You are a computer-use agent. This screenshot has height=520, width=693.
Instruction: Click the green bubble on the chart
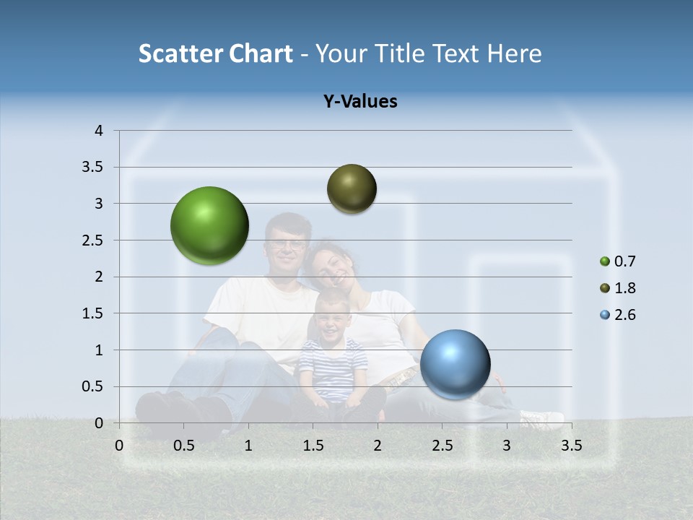pos(209,225)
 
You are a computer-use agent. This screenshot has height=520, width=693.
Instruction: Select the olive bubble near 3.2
pos(352,188)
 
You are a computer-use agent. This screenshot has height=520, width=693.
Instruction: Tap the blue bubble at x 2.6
pos(455,364)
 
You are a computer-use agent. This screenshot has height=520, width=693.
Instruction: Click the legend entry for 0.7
pos(618,261)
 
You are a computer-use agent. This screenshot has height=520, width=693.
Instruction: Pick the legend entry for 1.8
pos(618,288)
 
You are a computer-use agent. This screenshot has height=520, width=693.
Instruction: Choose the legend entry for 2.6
pos(618,315)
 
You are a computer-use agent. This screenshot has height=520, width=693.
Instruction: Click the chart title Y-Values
pos(359,102)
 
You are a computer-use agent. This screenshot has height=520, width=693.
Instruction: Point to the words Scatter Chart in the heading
pos(215,53)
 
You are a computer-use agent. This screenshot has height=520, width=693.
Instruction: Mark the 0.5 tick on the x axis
pos(183,445)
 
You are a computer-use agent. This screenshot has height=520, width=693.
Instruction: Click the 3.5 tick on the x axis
pos(571,445)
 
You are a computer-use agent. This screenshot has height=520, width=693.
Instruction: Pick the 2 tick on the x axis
pos(378,445)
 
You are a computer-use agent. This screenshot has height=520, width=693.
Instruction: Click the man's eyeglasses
pos(287,244)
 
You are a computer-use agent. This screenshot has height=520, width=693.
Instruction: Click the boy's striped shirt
pos(333,365)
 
